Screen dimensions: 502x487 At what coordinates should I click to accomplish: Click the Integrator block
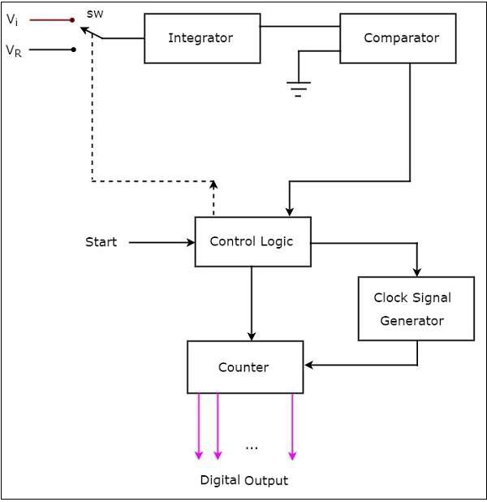click(x=202, y=38)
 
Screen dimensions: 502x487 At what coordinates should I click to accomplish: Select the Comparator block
click(x=401, y=38)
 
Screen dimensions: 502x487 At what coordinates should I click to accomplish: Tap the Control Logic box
click(x=252, y=241)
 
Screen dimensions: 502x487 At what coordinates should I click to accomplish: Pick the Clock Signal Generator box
click(x=416, y=309)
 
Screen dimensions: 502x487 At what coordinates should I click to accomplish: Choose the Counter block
click(x=244, y=367)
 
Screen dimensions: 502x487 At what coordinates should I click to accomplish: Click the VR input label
click(x=14, y=50)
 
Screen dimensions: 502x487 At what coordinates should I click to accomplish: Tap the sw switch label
click(x=94, y=13)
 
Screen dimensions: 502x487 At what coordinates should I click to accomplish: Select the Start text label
click(x=101, y=242)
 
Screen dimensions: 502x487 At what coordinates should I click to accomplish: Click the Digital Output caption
click(x=243, y=480)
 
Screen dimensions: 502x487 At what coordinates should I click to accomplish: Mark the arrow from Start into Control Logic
click(x=162, y=242)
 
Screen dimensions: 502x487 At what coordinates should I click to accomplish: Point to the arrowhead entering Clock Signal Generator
click(x=417, y=271)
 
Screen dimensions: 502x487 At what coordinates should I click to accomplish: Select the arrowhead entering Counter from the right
click(x=308, y=365)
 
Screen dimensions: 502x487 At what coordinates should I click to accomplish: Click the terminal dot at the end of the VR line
click(x=74, y=50)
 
